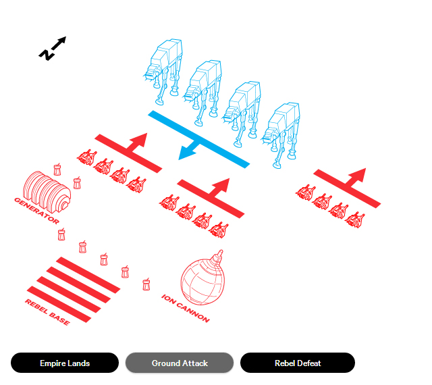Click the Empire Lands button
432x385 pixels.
click(x=65, y=363)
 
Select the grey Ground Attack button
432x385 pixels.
click(x=180, y=363)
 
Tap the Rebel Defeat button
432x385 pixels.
click(x=298, y=363)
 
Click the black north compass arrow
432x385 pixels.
click(x=53, y=48)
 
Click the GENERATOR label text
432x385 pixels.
click(x=36, y=211)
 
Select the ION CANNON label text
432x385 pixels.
click(x=186, y=308)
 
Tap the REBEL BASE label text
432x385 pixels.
click(x=47, y=312)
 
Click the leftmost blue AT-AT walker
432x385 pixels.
click(x=163, y=71)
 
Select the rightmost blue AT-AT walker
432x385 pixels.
click(x=281, y=135)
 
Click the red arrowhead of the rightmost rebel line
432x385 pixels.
click(x=358, y=174)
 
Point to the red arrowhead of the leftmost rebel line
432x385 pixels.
click(x=140, y=140)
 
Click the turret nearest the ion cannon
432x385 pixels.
click(x=146, y=284)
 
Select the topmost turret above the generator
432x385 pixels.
click(x=57, y=170)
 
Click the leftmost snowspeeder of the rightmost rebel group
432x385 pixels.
click(x=305, y=192)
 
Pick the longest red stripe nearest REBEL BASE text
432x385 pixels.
click(x=59, y=304)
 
